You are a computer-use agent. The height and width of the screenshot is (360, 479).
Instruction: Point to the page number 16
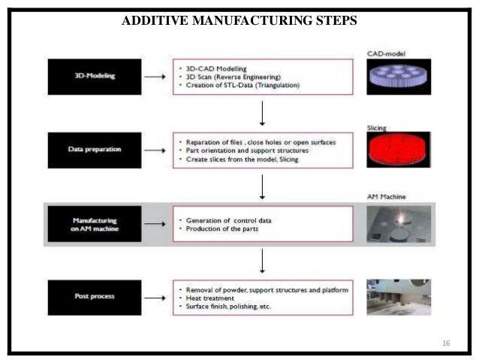click(446, 343)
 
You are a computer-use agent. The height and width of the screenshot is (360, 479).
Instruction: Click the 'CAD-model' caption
click(386, 54)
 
